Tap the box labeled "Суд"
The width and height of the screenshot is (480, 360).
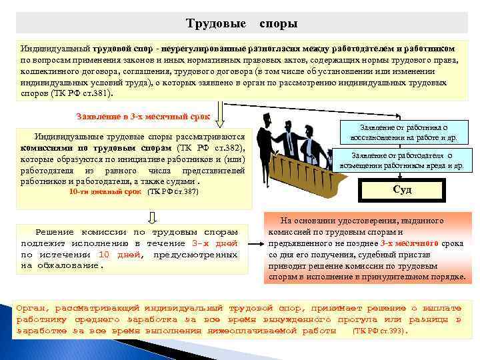coord(402,190)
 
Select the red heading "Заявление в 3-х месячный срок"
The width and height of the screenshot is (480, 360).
coord(143,116)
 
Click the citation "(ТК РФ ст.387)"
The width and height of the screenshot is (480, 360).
coord(173,192)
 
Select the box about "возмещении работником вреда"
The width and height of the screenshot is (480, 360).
coord(401,160)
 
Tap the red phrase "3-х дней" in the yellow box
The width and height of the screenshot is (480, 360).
coord(215,244)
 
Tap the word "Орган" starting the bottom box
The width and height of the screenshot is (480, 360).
coord(32,309)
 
